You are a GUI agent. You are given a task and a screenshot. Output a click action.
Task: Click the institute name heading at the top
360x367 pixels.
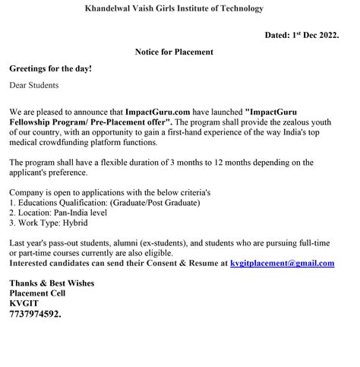174,8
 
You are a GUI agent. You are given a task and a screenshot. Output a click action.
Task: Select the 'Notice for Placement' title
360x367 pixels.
174,52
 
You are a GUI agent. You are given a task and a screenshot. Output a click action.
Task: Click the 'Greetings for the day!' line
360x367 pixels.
50,68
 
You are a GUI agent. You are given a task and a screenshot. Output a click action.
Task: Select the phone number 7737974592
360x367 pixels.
35,312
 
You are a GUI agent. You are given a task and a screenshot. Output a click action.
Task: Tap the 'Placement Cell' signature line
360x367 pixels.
37,293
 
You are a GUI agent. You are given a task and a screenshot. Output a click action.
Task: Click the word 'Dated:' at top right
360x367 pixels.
278,35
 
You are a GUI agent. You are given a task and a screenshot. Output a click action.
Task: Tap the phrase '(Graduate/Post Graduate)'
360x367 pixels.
155,203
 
